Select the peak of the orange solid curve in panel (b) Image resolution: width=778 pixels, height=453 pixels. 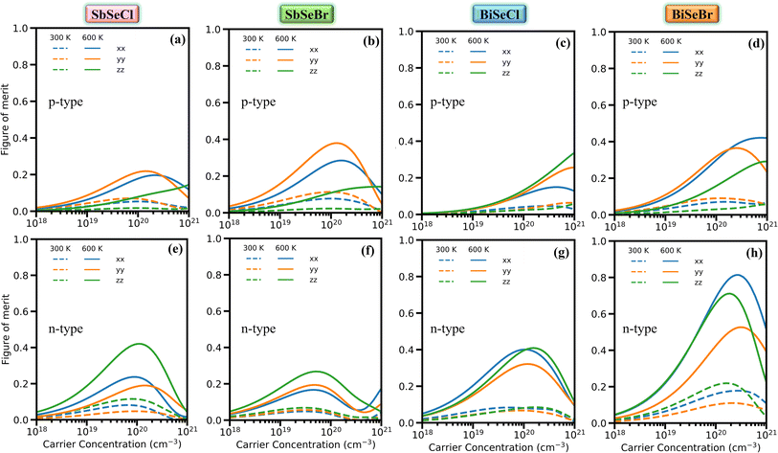(336, 144)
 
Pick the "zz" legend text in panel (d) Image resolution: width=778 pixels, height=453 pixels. (700, 73)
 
